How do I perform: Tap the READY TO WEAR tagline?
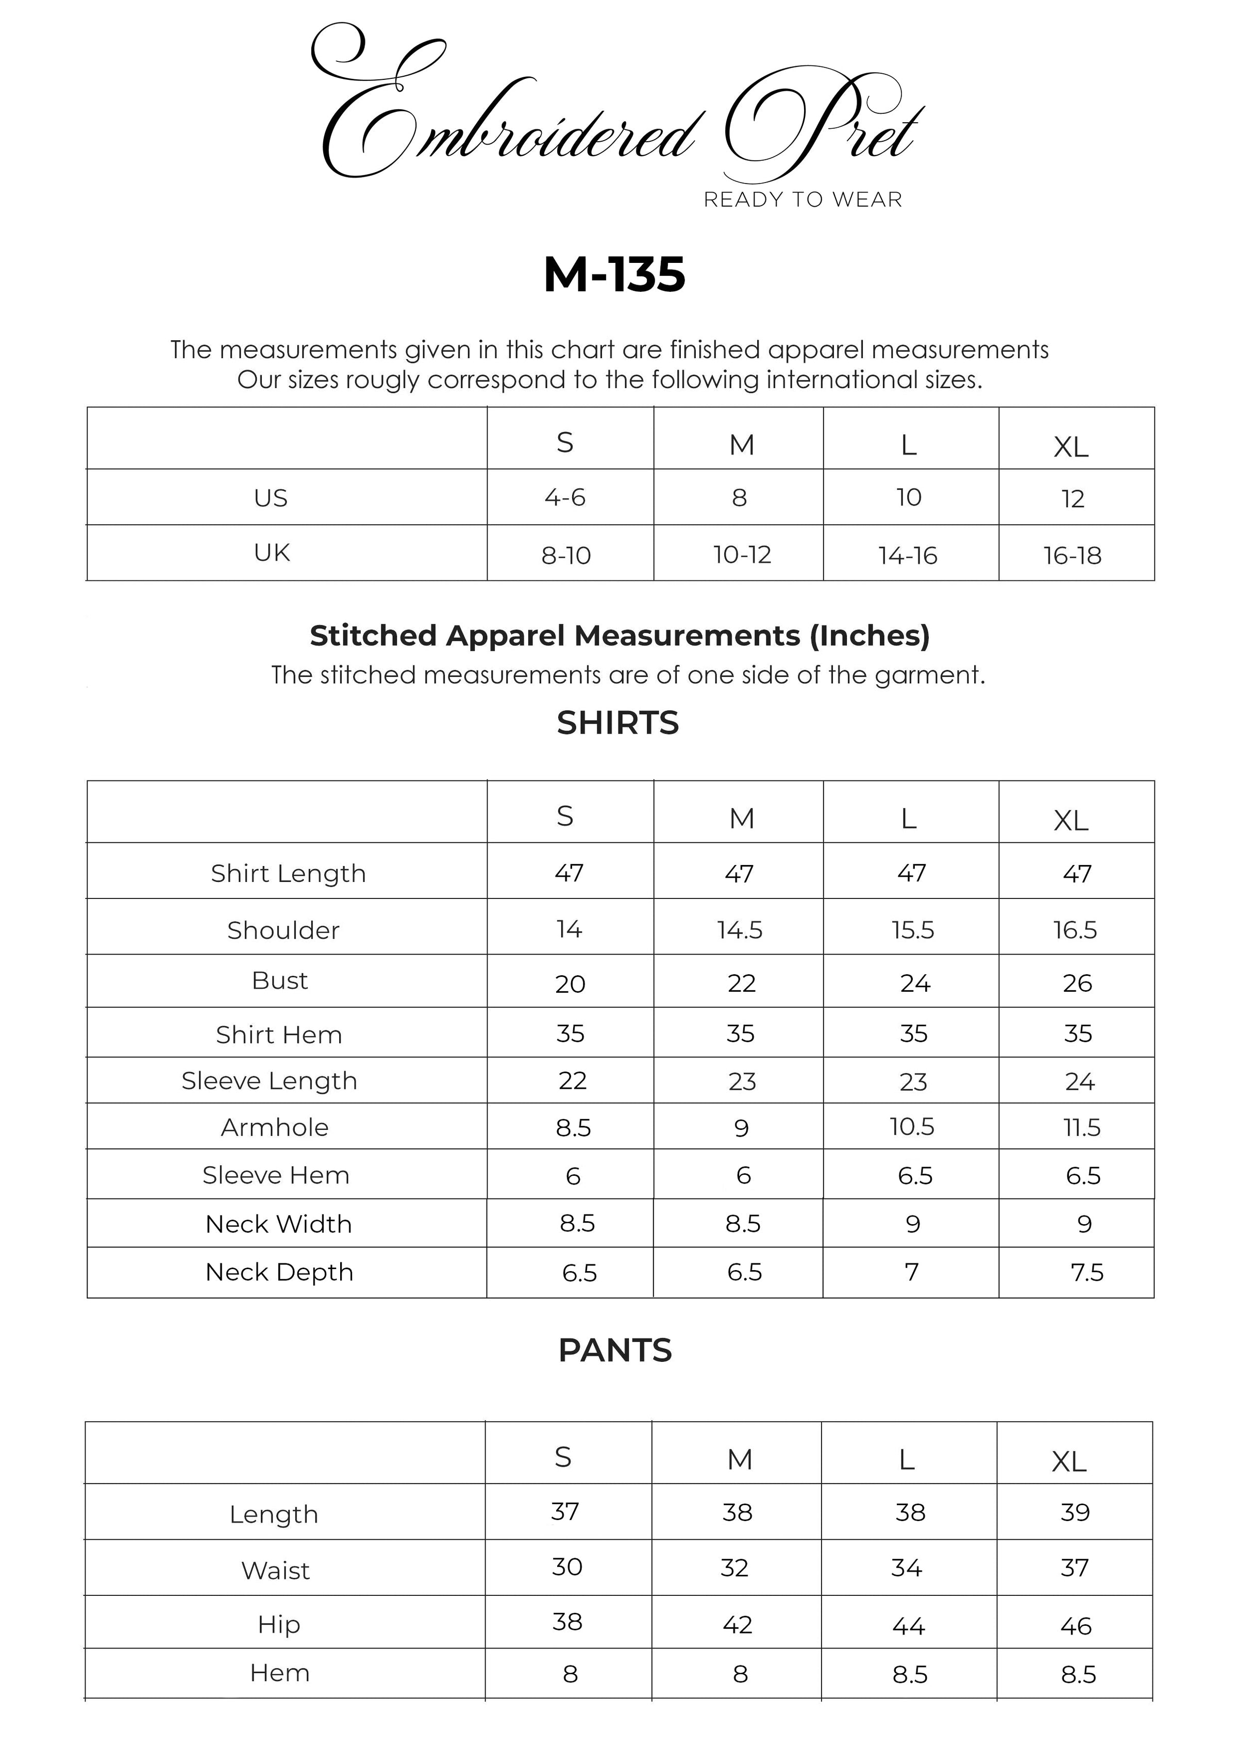[803, 199]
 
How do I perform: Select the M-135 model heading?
[614, 274]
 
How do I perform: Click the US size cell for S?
[565, 498]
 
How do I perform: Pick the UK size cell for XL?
[1073, 556]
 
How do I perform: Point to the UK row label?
[271, 553]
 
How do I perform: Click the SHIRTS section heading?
[617, 723]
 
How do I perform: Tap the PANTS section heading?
[615, 1350]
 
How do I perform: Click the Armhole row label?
[274, 1127]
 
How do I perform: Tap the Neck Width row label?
[279, 1224]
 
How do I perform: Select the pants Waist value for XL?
[1075, 1568]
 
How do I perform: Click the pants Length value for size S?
[565, 1511]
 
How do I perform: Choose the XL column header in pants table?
[1069, 1462]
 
